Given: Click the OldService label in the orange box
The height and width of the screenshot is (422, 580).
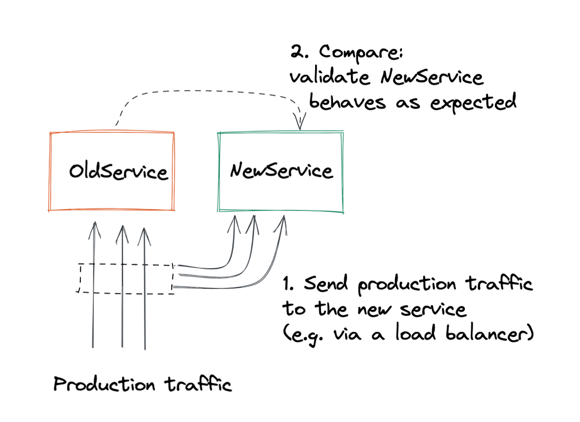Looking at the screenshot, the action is pyautogui.click(x=119, y=171).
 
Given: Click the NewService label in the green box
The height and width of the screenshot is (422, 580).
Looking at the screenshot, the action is pyautogui.click(x=282, y=170).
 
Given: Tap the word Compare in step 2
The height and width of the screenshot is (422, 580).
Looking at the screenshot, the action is pyautogui.click(x=362, y=53).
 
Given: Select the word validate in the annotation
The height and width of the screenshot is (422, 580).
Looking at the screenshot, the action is pyautogui.click(x=330, y=77).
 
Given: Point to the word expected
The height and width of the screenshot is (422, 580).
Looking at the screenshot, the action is pyautogui.click(x=473, y=103).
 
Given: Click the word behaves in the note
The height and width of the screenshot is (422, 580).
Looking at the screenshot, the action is pyautogui.click(x=348, y=102).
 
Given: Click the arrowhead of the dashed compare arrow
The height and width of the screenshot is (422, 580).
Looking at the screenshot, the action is pyautogui.click(x=300, y=121).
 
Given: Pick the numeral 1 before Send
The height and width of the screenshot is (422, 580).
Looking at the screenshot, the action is pyautogui.click(x=288, y=283).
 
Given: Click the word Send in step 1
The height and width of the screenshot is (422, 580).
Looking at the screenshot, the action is pyautogui.click(x=325, y=283).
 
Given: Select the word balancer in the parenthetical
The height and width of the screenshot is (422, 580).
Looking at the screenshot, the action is pyautogui.click(x=490, y=334).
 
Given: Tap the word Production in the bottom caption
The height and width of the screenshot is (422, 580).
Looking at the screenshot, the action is pyautogui.click(x=104, y=384).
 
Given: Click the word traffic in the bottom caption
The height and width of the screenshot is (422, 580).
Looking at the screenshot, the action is pyautogui.click(x=198, y=384).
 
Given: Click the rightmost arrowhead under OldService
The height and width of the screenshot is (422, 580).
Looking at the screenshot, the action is pyautogui.click(x=144, y=237).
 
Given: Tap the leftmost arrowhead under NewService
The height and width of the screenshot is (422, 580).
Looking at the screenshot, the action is pyautogui.click(x=234, y=225).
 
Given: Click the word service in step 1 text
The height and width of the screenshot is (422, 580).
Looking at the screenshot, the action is pyautogui.click(x=433, y=309).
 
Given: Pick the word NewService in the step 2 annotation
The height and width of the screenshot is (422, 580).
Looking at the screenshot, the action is pyautogui.click(x=432, y=77).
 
